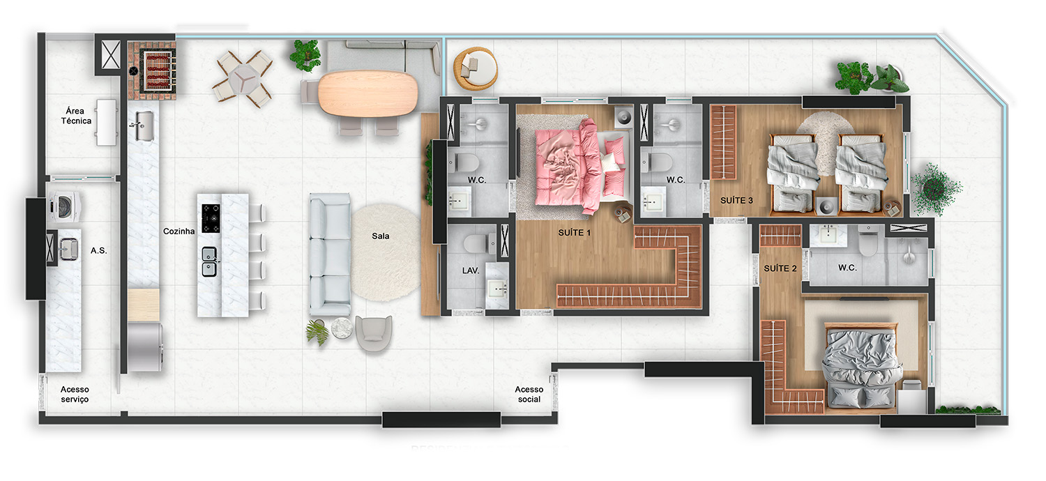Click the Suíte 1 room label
[575, 233]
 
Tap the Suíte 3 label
[736, 200]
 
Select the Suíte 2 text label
[780, 268]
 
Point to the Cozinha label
[179, 231]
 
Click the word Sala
[381, 236]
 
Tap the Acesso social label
[529, 394]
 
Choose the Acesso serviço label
[75, 394]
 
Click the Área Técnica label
[76, 116]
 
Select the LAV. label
[470, 270]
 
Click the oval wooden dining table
[368, 93]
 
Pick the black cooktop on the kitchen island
[211, 218]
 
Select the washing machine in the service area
[64, 206]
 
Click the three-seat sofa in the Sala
[330, 254]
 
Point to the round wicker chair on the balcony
[476, 68]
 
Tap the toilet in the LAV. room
[480, 243]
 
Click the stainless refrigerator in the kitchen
[145, 347]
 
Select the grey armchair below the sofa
[374, 333]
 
